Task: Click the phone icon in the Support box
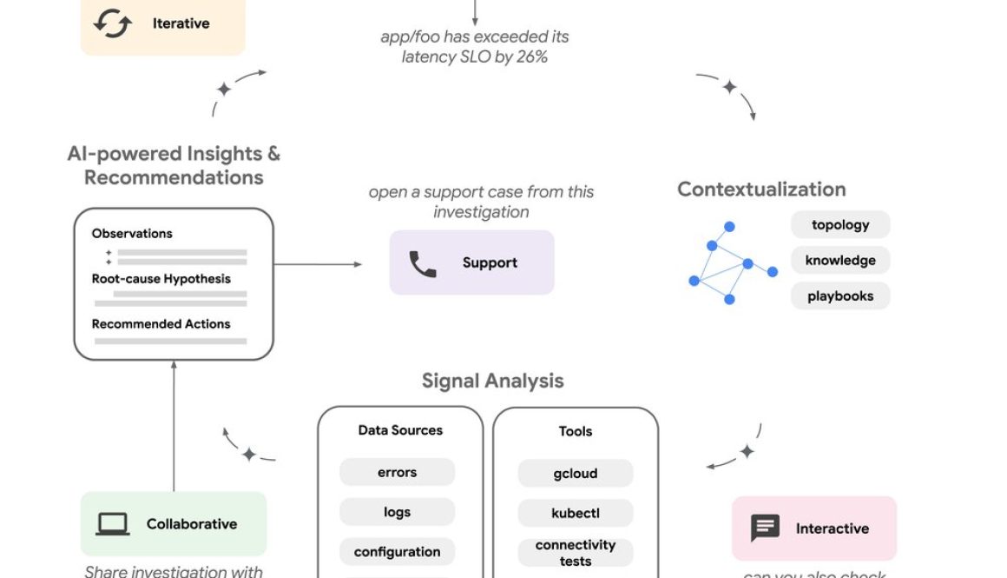[x=423, y=263]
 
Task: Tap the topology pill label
[x=840, y=225]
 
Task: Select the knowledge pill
[x=840, y=261]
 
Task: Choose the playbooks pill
[x=840, y=296]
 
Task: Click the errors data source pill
[x=397, y=473]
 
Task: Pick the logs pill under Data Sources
[x=397, y=512]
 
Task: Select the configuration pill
[x=397, y=552]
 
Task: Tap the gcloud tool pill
[x=576, y=474]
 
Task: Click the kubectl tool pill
[x=576, y=513]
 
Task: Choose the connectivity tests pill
[x=576, y=553]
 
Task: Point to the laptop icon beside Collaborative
[x=113, y=524]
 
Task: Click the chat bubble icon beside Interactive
[x=765, y=528]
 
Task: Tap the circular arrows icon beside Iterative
[x=113, y=23]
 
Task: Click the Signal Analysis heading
[x=492, y=381]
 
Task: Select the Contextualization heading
[x=761, y=189]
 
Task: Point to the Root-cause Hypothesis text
[x=161, y=279]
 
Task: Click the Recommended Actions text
[x=161, y=324]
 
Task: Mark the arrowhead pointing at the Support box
[x=358, y=264]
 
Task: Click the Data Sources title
[x=400, y=430]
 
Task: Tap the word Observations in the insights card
[x=132, y=233]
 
